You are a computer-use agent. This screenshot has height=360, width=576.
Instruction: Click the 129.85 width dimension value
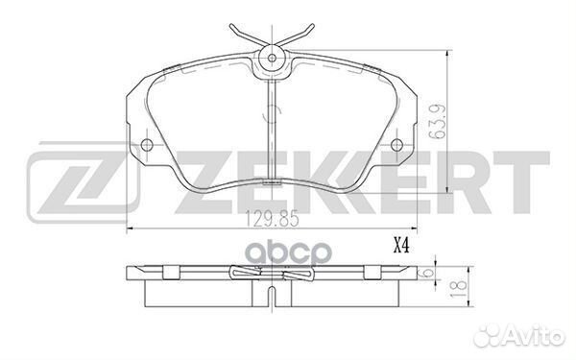pyautogui.click(x=273, y=219)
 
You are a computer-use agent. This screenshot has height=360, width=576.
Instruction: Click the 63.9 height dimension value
pyautogui.click(x=438, y=122)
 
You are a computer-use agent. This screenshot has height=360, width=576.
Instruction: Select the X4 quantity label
pyautogui.click(x=401, y=246)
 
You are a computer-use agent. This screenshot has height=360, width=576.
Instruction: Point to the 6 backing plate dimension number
pyautogui.click(x=427, y=274)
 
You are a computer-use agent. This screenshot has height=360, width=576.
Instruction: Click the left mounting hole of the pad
pyautogui.click(x=147, y=144)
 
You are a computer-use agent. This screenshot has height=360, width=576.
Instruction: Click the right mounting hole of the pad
pyautogui.click(x=396, y=144)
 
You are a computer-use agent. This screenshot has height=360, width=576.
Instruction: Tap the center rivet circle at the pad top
pyautogui.click(x=272, y=58)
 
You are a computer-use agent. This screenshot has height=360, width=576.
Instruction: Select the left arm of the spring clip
pyautogui.click(x=247, y=36)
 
